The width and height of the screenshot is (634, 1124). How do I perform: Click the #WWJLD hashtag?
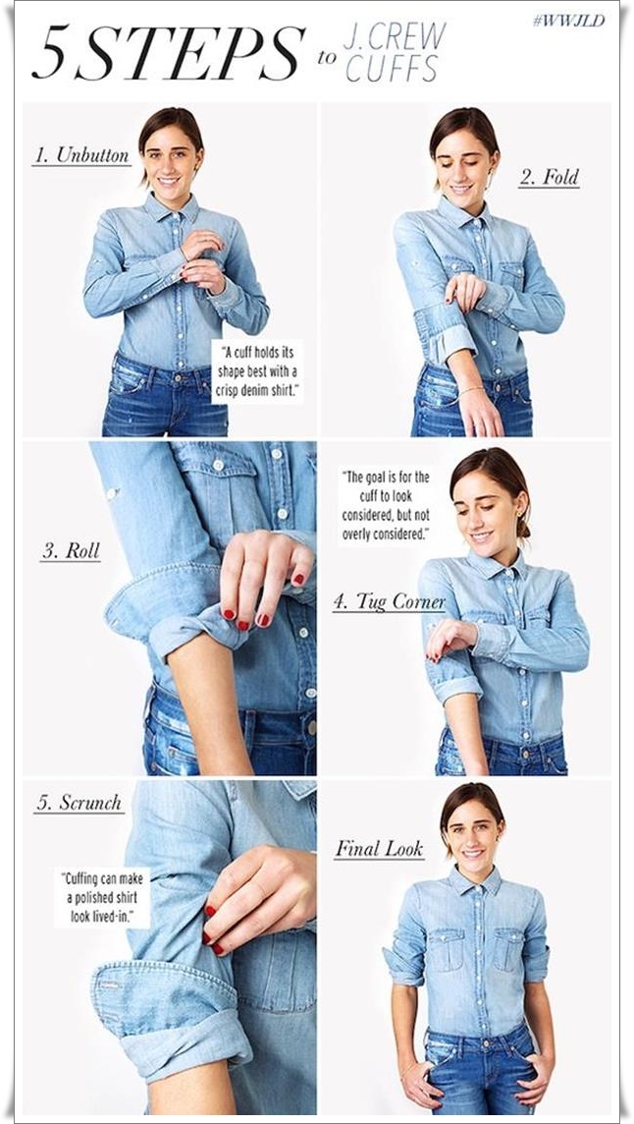569,20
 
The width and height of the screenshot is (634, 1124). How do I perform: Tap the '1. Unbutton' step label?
80,155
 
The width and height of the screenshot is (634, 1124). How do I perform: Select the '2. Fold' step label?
549,177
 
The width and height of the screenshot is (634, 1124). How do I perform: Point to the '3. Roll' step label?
71,550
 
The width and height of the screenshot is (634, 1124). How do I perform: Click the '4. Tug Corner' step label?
389,602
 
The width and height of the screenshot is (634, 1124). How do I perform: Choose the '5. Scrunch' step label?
79,803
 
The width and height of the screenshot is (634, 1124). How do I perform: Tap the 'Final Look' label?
380,850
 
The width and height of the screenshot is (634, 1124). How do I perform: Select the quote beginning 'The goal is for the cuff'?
385,505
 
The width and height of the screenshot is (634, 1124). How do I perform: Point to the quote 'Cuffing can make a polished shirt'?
102,897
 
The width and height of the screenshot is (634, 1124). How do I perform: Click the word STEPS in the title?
189,52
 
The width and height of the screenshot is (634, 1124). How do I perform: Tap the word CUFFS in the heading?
392,68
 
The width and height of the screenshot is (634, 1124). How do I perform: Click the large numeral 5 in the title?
49,53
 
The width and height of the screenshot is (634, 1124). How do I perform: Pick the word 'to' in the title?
327,57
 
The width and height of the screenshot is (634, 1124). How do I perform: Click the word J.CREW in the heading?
395,34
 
